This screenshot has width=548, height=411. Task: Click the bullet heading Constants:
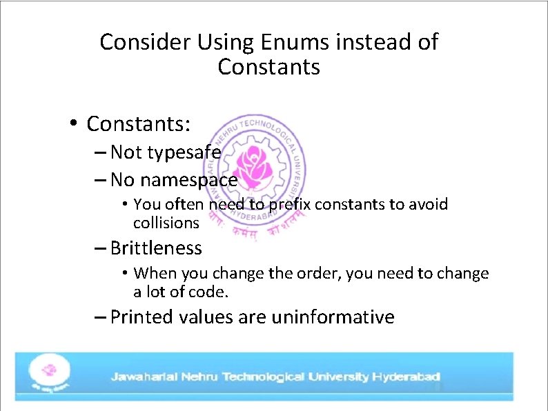tap(139, 123)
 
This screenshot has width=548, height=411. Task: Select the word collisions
tap(166, 223)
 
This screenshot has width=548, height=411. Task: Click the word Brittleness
tap(156, 248)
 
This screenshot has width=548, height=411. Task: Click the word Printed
tap(141, 317)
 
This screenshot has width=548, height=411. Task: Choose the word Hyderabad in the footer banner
tap(406, 377)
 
